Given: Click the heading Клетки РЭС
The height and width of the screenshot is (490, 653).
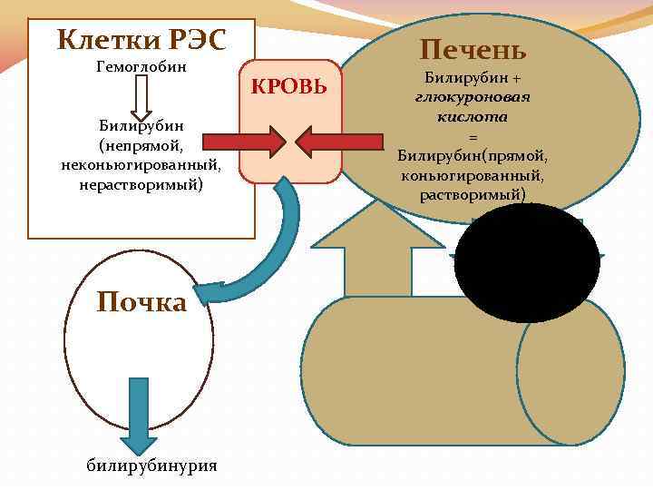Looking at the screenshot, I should [141, 39].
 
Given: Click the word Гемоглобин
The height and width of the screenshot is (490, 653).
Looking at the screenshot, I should [141, 67].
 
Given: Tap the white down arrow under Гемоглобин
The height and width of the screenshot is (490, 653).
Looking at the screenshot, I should [141, 93].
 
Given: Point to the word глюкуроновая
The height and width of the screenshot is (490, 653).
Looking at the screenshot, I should [472, 96].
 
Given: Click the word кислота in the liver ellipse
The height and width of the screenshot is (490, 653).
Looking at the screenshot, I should [472, 117].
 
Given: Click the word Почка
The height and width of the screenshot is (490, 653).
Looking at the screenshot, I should [141, 301].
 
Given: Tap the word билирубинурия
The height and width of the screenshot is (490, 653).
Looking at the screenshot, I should [151, 466].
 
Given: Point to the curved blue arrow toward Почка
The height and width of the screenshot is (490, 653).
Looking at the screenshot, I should [264, 255].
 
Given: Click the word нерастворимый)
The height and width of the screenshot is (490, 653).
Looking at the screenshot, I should [141, 184].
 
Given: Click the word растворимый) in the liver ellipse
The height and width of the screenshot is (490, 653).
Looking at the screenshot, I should [472, 195].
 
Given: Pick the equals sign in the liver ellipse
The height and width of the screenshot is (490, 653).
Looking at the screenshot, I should [472, 137].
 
